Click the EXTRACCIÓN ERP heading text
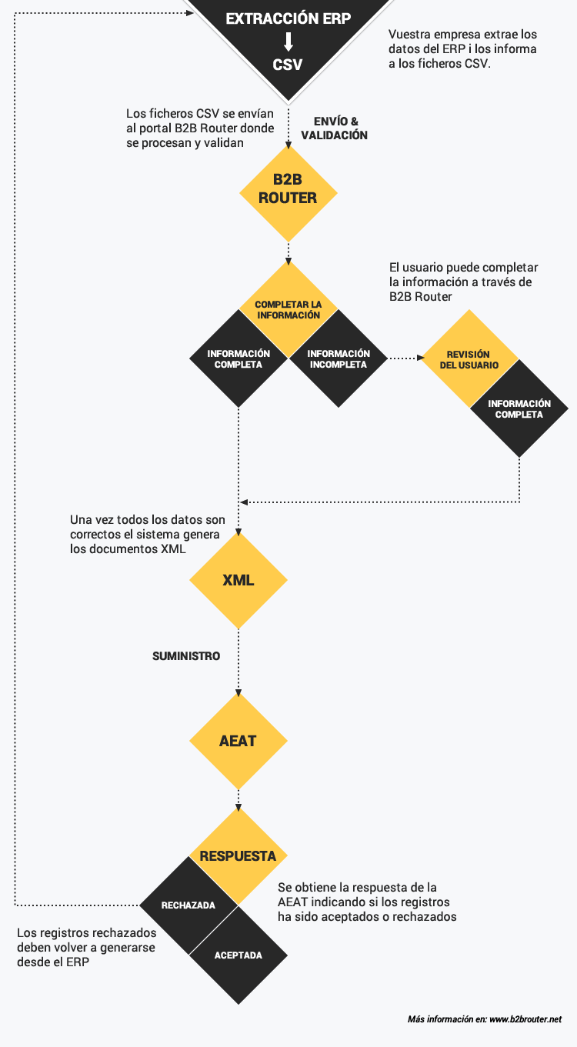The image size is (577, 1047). point(288,18)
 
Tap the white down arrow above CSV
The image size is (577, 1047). point(288,42)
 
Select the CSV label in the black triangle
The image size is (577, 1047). point(288,65)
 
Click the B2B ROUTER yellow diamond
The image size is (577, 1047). point(288,194)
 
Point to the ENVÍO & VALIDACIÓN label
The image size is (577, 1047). point(335,128)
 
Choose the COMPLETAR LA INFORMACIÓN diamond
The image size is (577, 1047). point(288,309)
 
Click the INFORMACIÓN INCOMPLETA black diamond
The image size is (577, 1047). point(338,358)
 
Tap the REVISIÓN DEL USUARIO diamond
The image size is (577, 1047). point(469,359)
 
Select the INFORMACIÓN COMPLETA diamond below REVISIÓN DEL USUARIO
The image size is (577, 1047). point(519,408)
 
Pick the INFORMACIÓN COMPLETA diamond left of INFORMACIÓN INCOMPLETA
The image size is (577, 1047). point(238,358)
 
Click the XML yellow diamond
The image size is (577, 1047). point(238,580)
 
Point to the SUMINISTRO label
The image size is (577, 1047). point(186,656)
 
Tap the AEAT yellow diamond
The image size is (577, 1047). point(238,741)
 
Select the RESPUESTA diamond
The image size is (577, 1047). point(238,856)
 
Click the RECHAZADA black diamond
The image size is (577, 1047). point(188,905)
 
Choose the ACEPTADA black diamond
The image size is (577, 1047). point(238,955)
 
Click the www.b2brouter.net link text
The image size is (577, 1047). point(525,1019)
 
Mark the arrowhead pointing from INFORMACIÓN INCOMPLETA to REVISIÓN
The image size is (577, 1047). point(420,358)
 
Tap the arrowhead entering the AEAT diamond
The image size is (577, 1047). point(238,692)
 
